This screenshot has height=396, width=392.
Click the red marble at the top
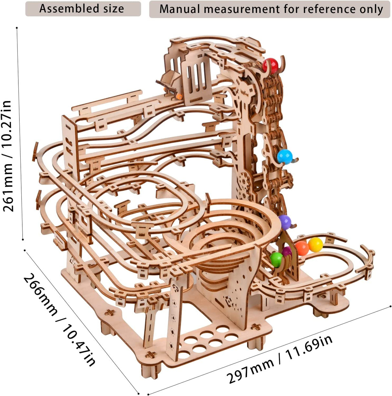pyautogui.click(x=270, y=66)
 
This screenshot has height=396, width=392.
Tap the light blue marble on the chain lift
pyautogui.click(x=284, y=157)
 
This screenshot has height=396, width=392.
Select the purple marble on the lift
pyautogui.click(x=285, y=222)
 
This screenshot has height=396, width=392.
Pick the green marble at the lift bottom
pyautogui.click(x=276, y=259)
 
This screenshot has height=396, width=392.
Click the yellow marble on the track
pyautogui.click(x=315, y=244)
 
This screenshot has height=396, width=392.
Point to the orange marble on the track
pyautogui.click(x=302, y=248)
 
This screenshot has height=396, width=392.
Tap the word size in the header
pyautogui.click(x=114, y=9)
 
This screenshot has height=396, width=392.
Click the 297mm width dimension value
pyautogui.click(x=250, y=370)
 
